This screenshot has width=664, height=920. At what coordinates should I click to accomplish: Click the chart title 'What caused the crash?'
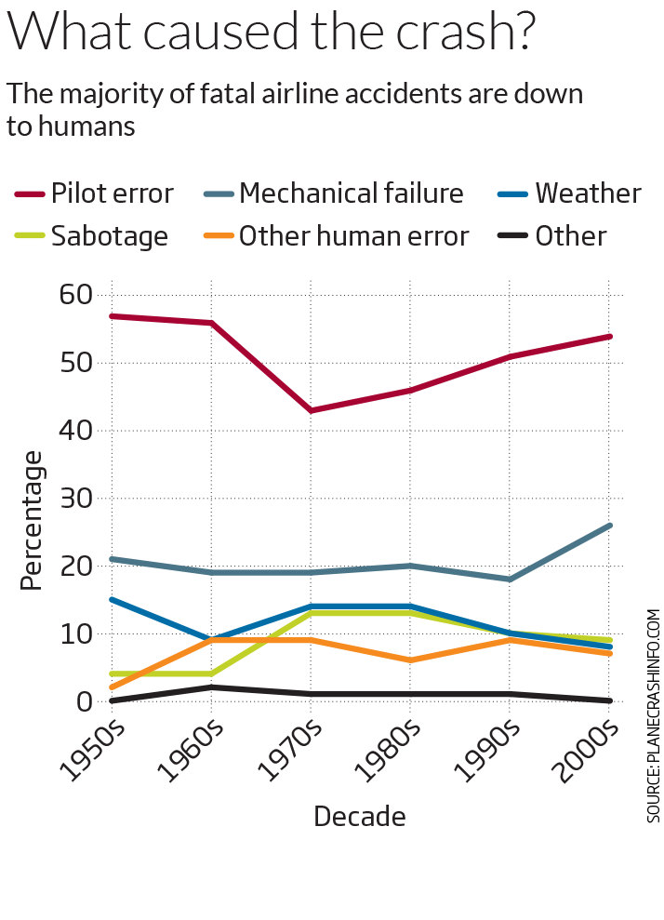pos(272,34)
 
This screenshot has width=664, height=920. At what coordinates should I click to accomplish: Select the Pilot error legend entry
pos(94,193)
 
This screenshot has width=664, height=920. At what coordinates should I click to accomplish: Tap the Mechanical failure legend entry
pos(333,193)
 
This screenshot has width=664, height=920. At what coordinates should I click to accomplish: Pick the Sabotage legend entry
pos(91,236)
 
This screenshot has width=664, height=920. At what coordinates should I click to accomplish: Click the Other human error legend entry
pos(335,236)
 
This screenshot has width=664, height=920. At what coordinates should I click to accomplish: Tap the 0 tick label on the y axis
pos(84,701)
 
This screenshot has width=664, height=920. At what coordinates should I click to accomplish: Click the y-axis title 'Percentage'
pos(33,521)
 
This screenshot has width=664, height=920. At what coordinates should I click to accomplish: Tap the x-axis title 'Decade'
pos(360,817)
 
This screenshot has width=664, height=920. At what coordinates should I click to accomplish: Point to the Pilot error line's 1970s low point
pos(310,410)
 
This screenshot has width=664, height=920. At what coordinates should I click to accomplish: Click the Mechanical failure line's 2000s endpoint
pos(609,526)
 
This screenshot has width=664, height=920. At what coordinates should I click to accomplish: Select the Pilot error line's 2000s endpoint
pos(609,336)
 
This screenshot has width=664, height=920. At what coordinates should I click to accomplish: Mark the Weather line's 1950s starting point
pos(112,600)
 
